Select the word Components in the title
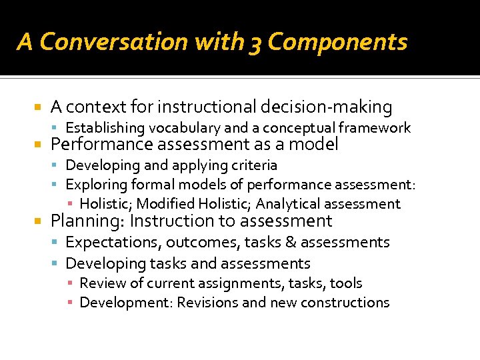coord(337,43)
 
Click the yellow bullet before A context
coord(38,107)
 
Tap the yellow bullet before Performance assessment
coord(38,145)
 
